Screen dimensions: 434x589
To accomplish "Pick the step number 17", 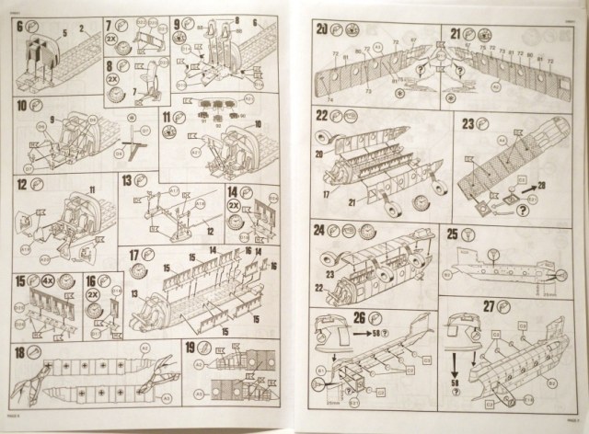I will click(x=135, y=255).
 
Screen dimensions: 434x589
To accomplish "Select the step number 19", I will click(x=190, y=348).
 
